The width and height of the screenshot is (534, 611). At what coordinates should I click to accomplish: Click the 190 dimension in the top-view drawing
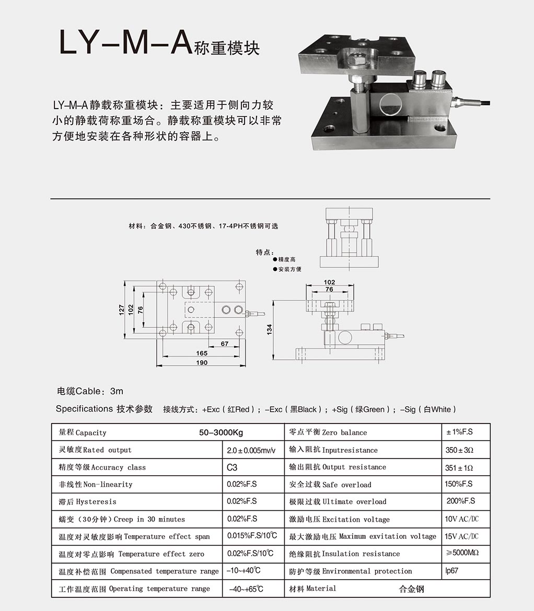pos(202,362)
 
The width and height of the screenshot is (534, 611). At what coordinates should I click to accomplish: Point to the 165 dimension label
pos(202,353)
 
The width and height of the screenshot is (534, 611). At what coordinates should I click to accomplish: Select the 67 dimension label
pos(225,344)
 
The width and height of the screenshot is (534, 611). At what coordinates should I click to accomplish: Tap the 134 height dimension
pos(269,330)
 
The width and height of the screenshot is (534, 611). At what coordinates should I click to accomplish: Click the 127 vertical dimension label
pos(122,310)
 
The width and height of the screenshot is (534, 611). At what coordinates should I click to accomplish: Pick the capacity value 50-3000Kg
pos(221,432)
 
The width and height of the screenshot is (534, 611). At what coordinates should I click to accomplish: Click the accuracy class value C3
pos(232,467)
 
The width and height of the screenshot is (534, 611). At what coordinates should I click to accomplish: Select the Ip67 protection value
pos(452,571)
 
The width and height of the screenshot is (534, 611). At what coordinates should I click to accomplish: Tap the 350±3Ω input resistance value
pos(459,450)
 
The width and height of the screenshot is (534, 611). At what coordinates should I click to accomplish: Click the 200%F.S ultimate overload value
pos(461,501)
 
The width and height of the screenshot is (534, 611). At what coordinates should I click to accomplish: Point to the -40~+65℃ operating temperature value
pos(246,589)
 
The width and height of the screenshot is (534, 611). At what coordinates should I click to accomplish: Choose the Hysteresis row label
pos(88,502)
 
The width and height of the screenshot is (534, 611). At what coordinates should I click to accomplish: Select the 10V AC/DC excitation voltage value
pos(461,519)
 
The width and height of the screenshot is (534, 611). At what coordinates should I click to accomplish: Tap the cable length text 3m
pos(117,391)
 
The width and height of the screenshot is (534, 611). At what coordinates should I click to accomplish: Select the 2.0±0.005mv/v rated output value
pos(251,451)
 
